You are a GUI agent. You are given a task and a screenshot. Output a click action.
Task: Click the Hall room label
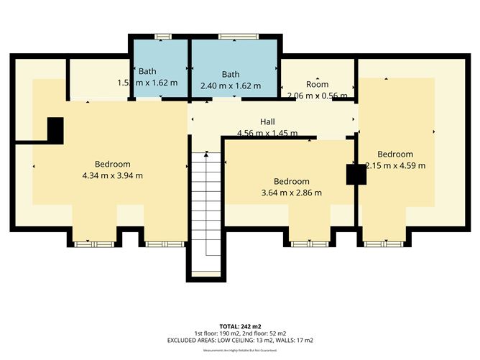[267, 122]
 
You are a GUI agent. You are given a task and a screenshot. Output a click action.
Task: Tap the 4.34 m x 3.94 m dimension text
[112, 175]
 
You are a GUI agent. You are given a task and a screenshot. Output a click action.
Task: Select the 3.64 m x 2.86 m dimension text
[291, 193]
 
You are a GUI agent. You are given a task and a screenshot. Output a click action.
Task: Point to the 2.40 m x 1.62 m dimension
[231, 85]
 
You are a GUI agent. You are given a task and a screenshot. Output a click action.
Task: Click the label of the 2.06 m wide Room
[317, 84]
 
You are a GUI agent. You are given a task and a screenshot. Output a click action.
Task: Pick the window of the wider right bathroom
[232, 36]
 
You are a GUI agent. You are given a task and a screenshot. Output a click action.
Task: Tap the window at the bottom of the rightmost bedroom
[382, 244]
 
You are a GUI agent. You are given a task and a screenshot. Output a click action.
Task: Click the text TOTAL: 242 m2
[240, 326]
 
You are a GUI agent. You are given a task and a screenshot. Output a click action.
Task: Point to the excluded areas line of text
[240, 340]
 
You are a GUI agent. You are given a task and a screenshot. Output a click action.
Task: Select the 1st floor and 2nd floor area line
[240, 333]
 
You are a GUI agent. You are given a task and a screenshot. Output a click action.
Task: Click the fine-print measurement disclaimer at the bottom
[240, 351]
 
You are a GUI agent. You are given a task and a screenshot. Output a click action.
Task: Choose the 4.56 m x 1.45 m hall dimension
[267, 133]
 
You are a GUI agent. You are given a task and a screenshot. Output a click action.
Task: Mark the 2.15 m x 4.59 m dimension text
[396, 165]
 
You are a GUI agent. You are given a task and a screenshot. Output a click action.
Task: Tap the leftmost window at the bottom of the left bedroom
[94, 244]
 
